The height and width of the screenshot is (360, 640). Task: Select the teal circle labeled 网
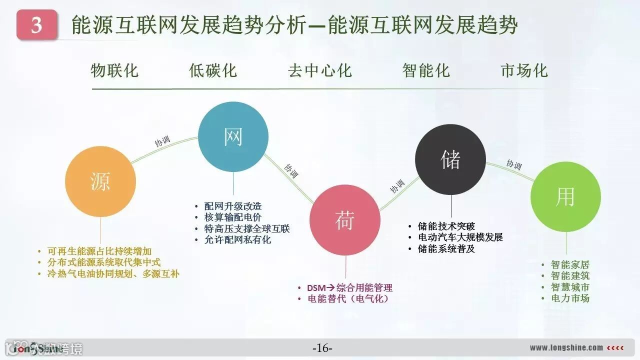[x=233, y=137]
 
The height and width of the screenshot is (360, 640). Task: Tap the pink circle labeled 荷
[x=345, y=220]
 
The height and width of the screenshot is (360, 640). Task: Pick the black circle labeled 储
[x=450, y=159]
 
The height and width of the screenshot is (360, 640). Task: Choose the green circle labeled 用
[x=565, y=196]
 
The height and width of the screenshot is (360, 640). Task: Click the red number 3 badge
[x=36, y=25]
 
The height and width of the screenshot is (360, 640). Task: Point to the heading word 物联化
[x=114, y=70]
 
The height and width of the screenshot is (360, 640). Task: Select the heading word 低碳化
[x=212, y=70]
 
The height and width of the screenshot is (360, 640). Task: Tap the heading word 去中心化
[x=319, y=70]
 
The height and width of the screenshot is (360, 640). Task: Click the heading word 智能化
[x=426, y=70]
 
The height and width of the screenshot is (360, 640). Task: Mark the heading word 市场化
[x=524, y=70]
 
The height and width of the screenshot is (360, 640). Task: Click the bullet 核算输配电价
[x=233, y=217]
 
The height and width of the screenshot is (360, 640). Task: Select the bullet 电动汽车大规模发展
[x=460, y=237]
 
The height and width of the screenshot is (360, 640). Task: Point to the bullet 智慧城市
[x=570, y=287]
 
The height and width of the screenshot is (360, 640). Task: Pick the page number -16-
[x=322, y=348]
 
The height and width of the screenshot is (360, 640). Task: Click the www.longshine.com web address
[x=566, y=348]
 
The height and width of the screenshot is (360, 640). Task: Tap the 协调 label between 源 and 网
[x=162, y=140]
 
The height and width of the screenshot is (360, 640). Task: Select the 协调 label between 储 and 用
[x=514, y=164]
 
